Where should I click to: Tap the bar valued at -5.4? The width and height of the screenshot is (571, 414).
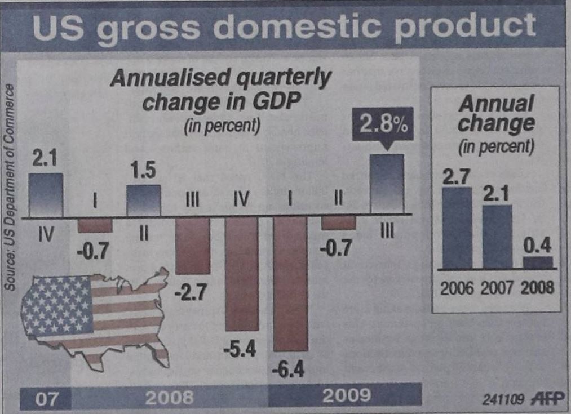pyautogui.click(x=242, y=274)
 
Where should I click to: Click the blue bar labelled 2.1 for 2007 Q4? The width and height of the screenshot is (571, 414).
pyautogui.click(x=46, y=194)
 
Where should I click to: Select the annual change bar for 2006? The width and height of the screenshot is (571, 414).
pyautogui.click(x=457, y=228)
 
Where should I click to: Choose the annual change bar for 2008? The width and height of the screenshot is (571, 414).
pyautogui.click(x=538, y=262)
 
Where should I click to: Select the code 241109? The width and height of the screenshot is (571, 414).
pyautogui.click(x=503, y=399)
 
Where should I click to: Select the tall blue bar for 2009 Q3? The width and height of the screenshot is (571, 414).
pyautogui.click(x=387, y=184)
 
